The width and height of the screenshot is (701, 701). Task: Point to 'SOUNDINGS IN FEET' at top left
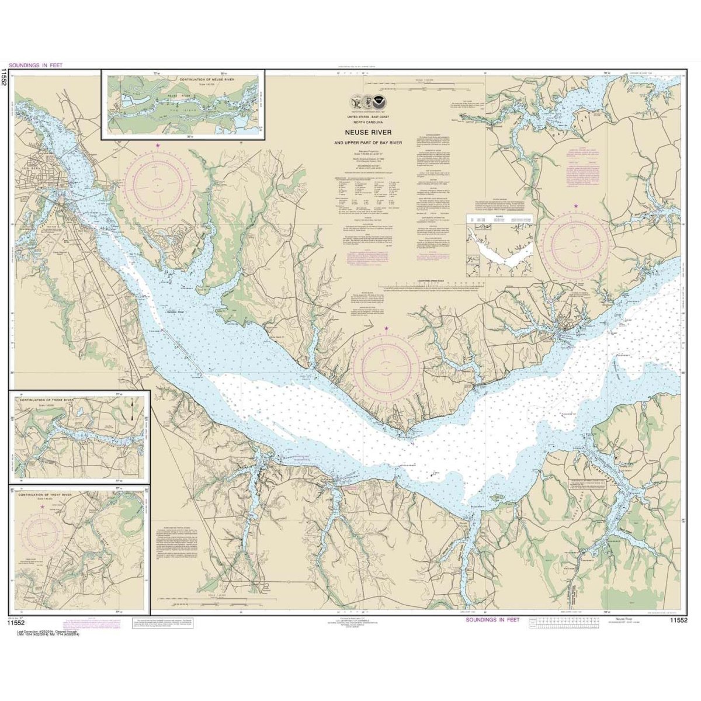[36, 65]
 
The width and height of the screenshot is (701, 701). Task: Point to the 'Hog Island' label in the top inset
[187, 99]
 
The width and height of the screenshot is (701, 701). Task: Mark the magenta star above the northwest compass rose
[157, 145]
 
